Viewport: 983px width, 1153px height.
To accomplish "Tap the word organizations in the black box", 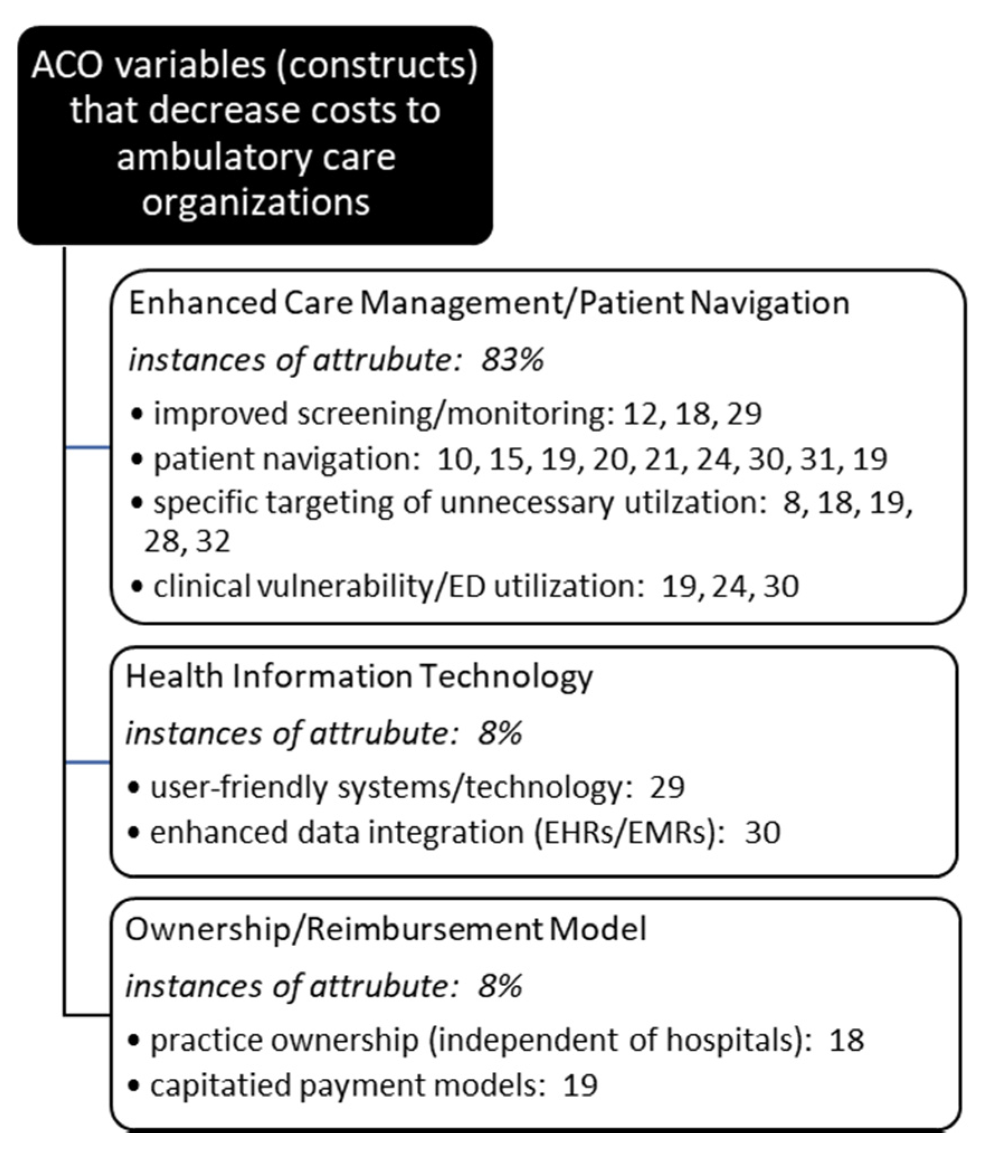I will click(255, 202).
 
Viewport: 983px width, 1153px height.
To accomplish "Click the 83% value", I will click(512, 360).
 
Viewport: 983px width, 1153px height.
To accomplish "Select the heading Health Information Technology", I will click(359, 677).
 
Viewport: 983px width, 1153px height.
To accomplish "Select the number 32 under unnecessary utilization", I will click(213, 541).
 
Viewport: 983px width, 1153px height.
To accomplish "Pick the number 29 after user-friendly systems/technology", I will click(667, 788).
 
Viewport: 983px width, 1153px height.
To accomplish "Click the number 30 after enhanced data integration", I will click(762, 832).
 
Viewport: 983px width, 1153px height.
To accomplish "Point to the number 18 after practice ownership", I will click(847, 1041).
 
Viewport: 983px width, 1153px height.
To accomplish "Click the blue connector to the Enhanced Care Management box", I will click(88, 447).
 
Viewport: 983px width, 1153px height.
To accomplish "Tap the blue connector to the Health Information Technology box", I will click(88, 763).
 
